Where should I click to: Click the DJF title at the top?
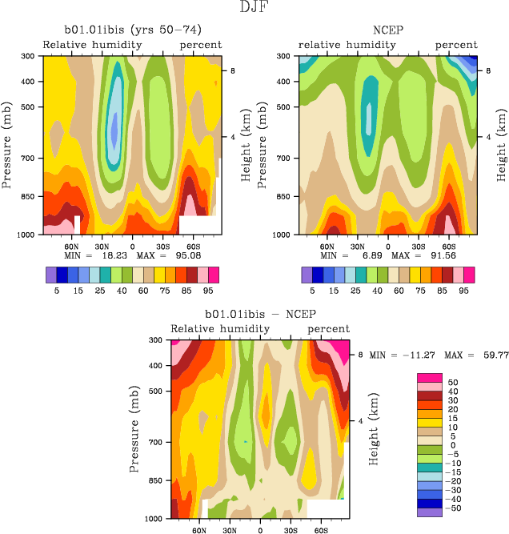pos(254,8)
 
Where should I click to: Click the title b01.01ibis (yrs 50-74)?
pos(132,30)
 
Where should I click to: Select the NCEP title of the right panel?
pos(387,30)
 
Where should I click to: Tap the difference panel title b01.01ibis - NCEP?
pos(260,314)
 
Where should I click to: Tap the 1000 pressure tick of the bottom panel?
pos(155,519)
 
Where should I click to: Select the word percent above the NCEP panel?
pos(456,45)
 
